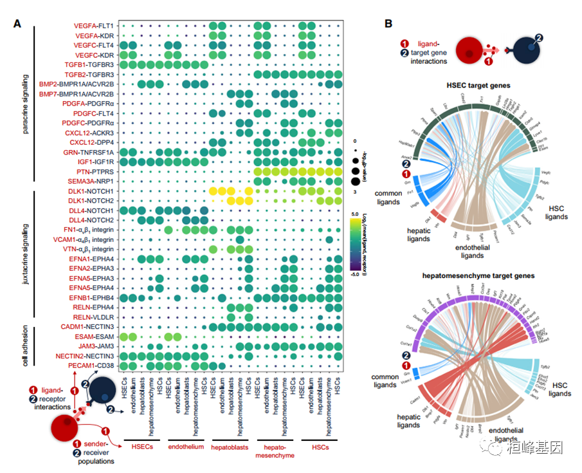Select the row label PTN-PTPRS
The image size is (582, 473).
[96, 172]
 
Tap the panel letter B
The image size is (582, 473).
[388, 24]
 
